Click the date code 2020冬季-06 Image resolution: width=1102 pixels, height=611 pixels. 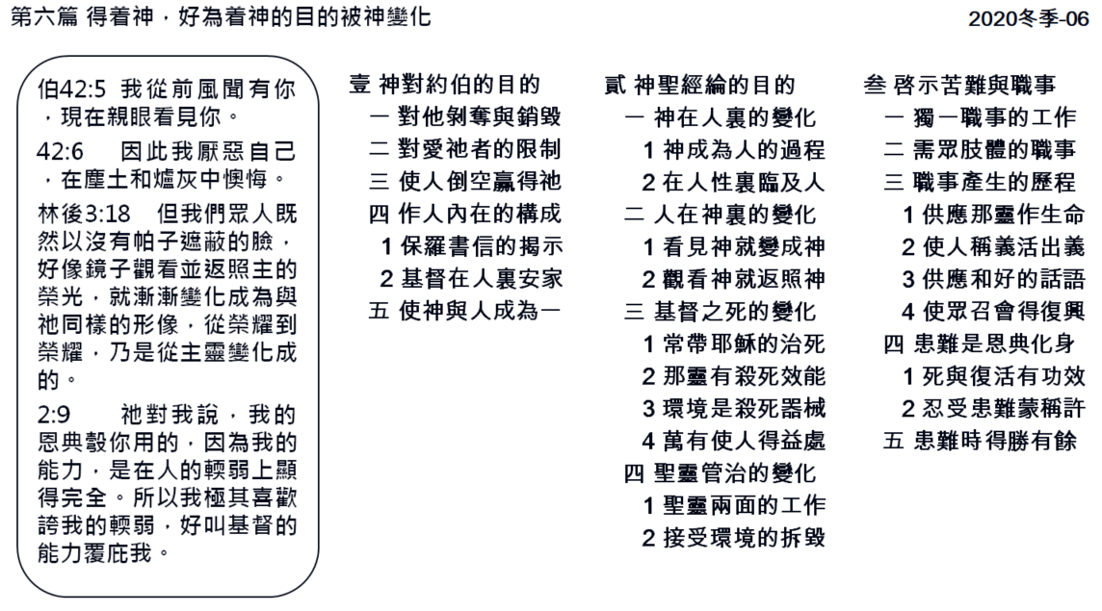pyautogui.click(x=1028, y=18)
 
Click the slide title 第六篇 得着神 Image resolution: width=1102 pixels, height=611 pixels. pyautogui.click(x=82, y=17)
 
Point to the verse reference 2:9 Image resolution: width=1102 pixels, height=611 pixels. pyautogui.click(x=54, y=415)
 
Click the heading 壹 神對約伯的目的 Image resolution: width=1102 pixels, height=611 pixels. pyautogui.click(x=444, y=85)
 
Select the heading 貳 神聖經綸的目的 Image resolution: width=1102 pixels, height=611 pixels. pyautogui.click(x=699, y=85)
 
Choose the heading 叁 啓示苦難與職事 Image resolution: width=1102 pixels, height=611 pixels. pyautogui.click(x=959, y=85)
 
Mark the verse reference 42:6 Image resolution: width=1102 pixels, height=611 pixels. pyautogui.click(x=60, y=151)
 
